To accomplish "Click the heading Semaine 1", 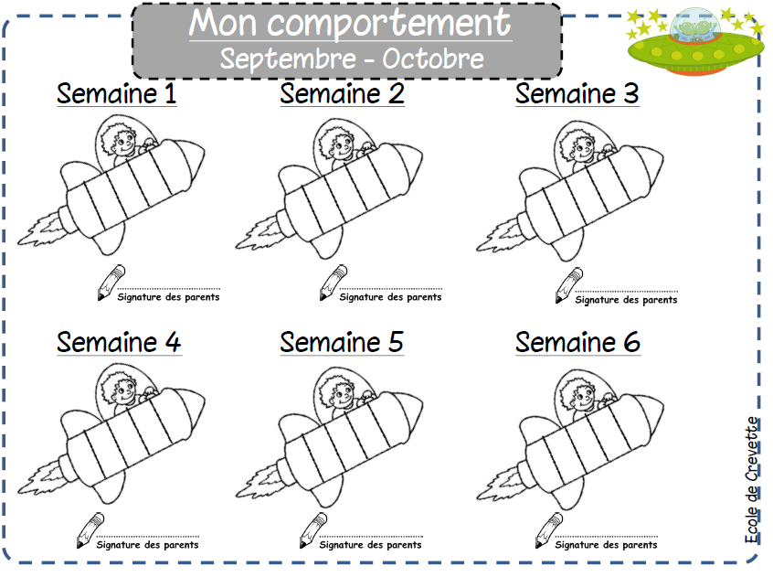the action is tap(116, 93).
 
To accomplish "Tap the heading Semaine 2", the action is tap(342, 93).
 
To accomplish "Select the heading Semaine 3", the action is tap(577, 93).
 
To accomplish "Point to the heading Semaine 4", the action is tap(119, 342).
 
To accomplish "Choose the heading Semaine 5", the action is tap(342, 342).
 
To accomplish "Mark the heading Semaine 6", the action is tap(577, 342).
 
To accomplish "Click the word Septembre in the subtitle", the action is tap(288, 59).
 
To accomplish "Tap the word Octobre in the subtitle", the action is tap(433, 59).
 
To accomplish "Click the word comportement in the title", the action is tap(389, 23).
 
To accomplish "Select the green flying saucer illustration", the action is tap(695, 42).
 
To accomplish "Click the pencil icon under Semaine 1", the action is tap(111, 283).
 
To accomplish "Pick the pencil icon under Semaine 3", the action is tap(569, 285).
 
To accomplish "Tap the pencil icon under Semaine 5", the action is tap(313, 530).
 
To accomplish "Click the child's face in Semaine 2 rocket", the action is tap(340, 144).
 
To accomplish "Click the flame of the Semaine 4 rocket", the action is tap(41, 477).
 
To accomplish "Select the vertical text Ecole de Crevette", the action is tap(752, 480).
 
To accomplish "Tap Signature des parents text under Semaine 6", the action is tap(606, 545).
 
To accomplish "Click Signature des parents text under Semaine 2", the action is tap(390, 297).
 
